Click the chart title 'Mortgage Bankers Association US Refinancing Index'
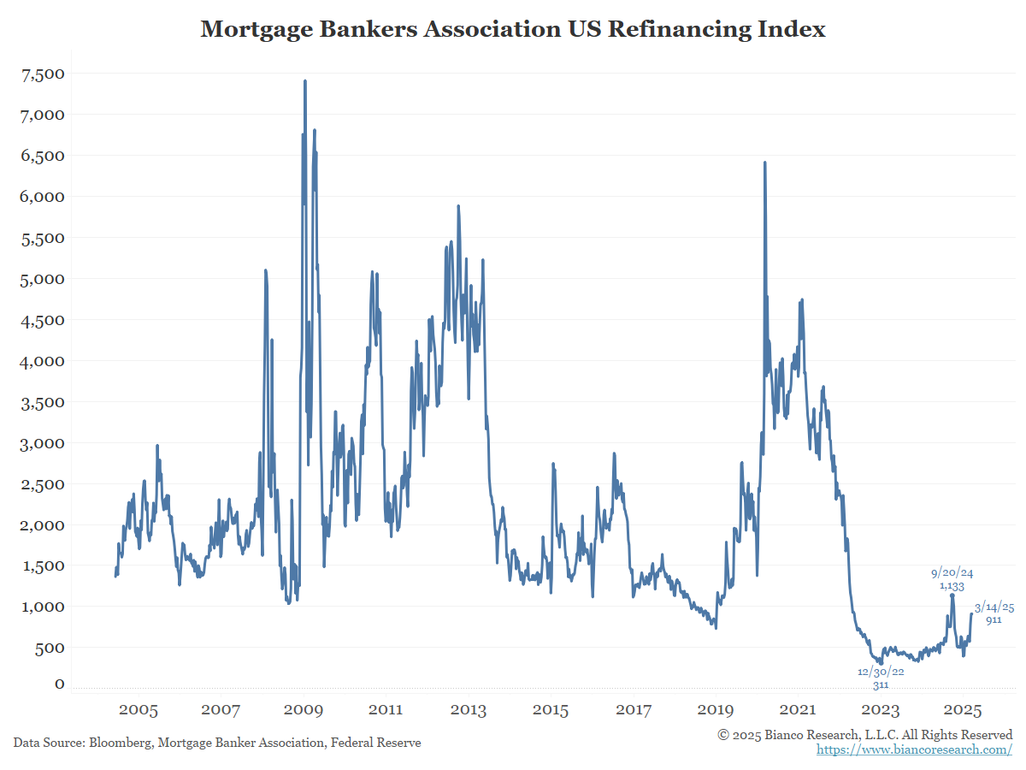pos(513,29)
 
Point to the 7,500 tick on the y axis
pos(42,74)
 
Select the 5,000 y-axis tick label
pos(42,279)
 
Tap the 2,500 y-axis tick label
pos(42,484)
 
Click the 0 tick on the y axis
pos(59,684)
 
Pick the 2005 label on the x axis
pos(139,710)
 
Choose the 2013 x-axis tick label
pos(469,710)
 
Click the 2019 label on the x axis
pos(716,710)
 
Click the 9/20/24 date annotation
pos(952,572)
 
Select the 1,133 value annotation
pos(952,586)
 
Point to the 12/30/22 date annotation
pos(881,672)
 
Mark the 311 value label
pos(881,685)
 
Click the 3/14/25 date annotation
pos(994,607)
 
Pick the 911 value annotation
pos(994,620)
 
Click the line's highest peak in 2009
pos(305,81)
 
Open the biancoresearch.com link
pos(914,749)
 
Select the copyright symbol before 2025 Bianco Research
pos(723,735)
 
